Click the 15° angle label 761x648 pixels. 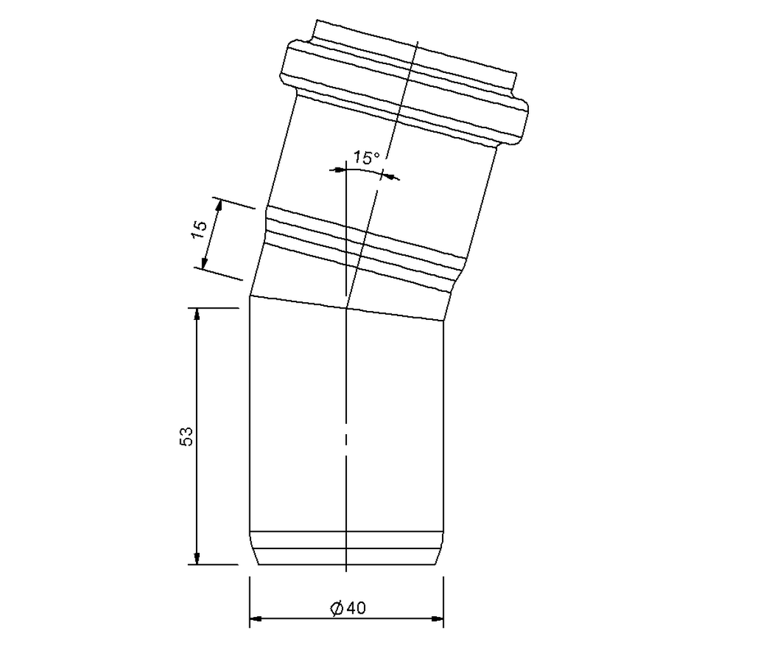(366, 157)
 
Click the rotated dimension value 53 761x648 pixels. (186, 437)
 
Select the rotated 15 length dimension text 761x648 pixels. (200, 229)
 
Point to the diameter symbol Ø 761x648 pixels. (337, 608)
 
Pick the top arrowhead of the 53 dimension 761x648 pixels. (197, 314)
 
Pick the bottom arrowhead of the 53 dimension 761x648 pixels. (197, 559)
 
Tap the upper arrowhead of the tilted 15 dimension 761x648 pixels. (219, 204)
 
